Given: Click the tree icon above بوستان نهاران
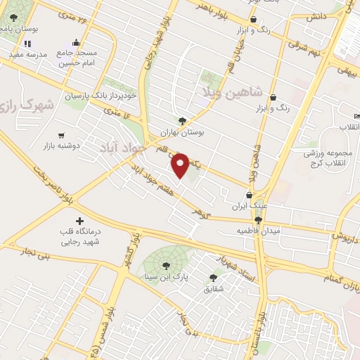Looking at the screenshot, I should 183,120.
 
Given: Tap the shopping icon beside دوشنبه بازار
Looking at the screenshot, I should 61,135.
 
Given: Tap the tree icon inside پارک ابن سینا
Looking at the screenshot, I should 165,266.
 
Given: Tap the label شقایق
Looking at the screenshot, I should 213,289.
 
